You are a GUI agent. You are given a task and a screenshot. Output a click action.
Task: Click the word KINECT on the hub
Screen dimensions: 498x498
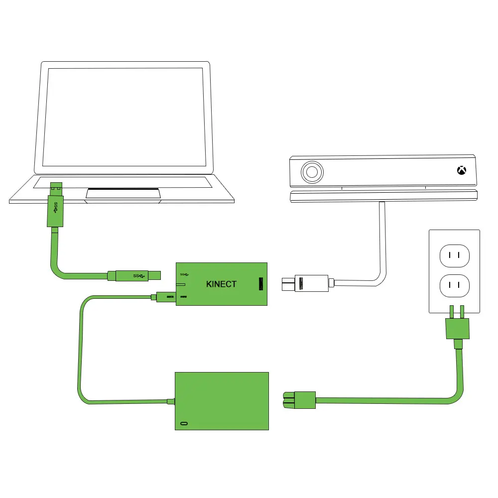pos(221,284)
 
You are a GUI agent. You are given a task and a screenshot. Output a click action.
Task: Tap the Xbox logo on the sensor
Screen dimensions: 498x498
pos(462,171)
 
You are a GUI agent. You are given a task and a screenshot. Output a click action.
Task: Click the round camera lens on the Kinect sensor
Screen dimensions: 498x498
pos(312,173)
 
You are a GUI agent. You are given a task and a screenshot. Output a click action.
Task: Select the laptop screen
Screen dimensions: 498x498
pos(124,117)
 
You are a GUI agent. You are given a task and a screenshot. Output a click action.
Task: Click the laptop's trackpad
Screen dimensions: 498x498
pos(124,193)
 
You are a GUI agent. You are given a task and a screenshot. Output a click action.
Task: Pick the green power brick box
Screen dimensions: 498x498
pos(222,401)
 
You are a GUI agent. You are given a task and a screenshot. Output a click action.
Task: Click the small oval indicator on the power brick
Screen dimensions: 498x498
pos(185,423)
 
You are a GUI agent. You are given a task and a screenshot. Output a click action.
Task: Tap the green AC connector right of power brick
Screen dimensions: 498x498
pos(299,400)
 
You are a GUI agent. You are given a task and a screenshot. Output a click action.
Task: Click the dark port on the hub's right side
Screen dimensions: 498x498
pos(259,284)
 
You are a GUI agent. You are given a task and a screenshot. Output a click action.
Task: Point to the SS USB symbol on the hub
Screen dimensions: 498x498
pos(184,274)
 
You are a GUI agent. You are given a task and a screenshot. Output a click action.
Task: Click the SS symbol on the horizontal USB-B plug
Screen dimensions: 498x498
pos(138,275)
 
